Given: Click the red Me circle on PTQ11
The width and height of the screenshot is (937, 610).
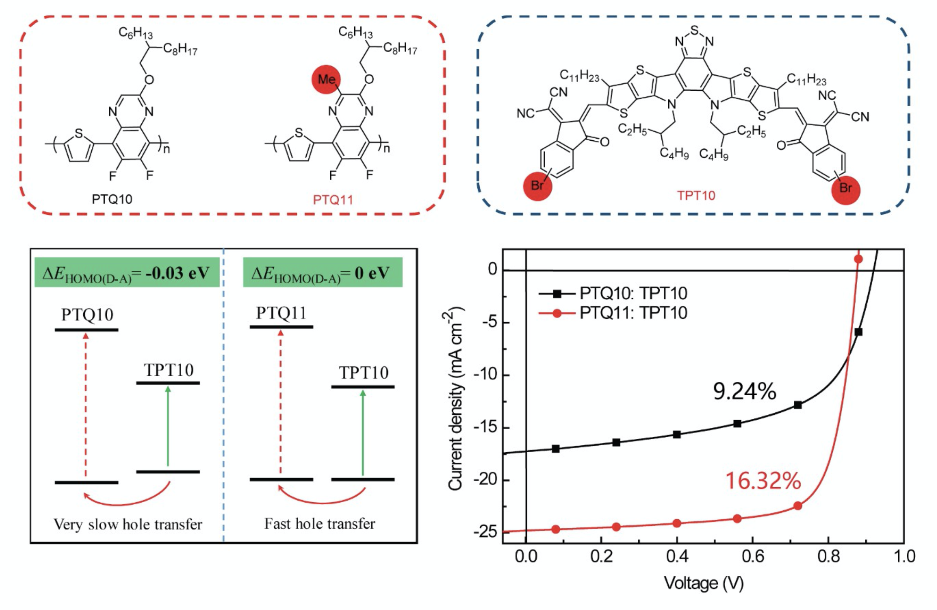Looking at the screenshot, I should pos(326,79).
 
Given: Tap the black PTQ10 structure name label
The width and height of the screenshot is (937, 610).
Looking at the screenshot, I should pos(112,199).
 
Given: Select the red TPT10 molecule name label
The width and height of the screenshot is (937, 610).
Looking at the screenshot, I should pos(696,195).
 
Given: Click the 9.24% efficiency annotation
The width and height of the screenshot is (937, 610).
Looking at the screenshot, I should pos(744,392).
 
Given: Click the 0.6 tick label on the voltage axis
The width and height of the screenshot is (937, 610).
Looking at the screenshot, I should pos(752,557).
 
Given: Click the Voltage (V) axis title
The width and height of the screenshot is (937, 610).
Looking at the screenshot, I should pos(704,583).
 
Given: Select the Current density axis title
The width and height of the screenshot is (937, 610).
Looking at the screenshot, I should pos(456,398).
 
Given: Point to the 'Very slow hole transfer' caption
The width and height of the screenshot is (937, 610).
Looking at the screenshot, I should pos(127,524).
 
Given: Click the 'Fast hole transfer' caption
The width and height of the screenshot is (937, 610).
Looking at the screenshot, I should pos(319,524).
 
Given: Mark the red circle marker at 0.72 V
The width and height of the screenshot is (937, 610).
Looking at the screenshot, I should pos(798,506).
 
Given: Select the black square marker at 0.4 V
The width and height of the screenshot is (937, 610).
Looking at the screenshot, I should pos(677,435).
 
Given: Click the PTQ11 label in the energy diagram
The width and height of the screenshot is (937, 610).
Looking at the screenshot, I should pos(281,313).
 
